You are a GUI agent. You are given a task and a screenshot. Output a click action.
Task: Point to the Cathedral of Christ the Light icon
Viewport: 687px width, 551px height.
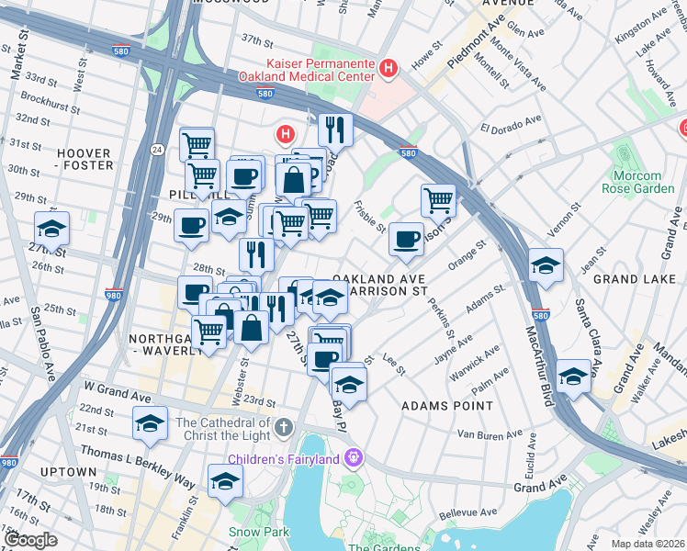coord(285,428)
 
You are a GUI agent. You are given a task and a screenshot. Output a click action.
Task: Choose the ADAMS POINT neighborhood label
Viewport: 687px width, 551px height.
coord(446,405)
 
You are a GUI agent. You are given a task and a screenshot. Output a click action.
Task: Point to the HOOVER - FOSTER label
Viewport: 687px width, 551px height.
coord(84,159)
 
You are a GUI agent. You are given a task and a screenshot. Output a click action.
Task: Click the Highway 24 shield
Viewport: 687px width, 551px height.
coord(157,149)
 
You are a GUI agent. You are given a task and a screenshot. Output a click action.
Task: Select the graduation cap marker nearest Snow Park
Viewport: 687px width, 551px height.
coord(225,480)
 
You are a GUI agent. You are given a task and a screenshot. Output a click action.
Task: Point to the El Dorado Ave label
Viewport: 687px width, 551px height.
coord(510,125)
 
